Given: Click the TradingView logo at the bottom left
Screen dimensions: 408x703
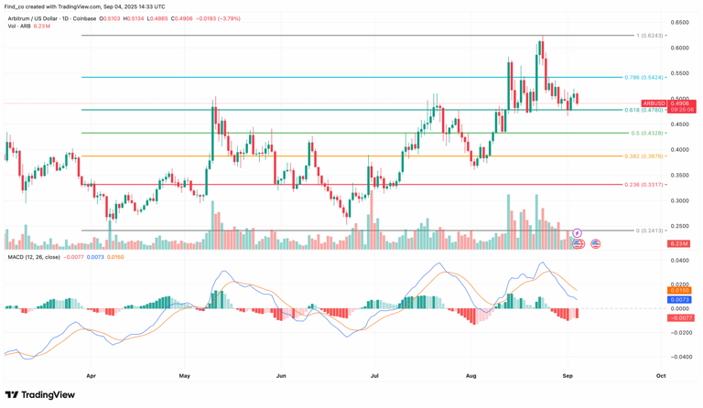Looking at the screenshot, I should [40, 395].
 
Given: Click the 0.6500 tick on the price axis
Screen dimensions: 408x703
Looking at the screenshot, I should [679, 22].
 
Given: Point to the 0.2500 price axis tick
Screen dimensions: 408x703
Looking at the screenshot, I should [679, 226].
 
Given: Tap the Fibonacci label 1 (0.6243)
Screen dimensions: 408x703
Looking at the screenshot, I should [649, 36].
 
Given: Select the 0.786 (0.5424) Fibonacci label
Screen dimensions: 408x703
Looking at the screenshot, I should [644, 78].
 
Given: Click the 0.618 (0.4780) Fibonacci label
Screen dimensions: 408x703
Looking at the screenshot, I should [644, 110].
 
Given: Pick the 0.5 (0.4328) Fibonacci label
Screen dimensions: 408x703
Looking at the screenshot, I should [646, 133].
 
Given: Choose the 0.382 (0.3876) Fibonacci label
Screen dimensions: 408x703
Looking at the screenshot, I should [644, 156].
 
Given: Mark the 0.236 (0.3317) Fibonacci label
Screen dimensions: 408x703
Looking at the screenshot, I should [644, 184].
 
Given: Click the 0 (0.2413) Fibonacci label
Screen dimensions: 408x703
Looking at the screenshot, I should [649, 231].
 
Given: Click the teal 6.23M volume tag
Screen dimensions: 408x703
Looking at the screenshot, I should [678, 244].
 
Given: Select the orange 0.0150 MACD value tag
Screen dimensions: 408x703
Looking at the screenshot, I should [679, 291].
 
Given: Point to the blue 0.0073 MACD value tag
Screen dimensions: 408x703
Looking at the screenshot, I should [679, 300].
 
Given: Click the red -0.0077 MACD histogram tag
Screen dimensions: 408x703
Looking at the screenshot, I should [679, 317].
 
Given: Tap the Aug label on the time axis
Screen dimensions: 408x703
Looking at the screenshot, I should [471, 375].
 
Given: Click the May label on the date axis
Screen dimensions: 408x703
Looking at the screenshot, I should [185, 375].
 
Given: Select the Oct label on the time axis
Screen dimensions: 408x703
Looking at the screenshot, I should [661, 375].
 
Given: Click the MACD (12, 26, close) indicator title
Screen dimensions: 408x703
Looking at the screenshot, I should [35, 258].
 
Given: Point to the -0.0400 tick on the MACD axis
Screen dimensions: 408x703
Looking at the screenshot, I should [679, 357].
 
